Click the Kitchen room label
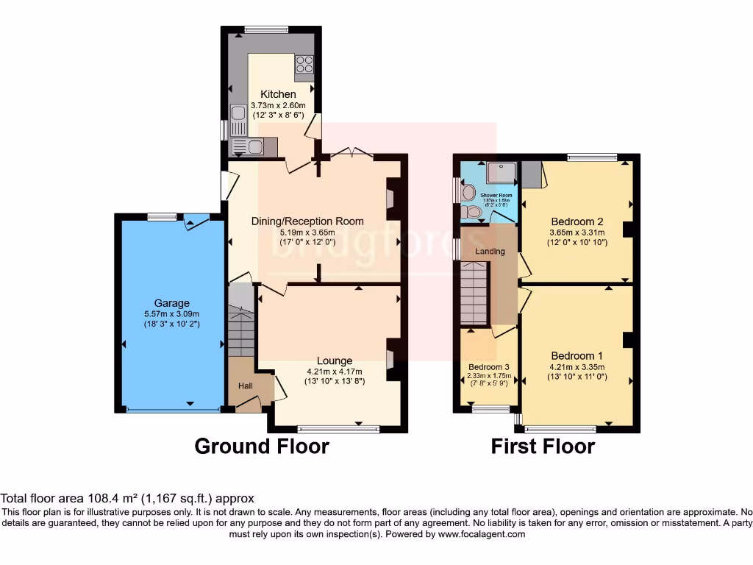tap(279, 94)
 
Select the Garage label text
tap(171, 303)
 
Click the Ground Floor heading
tap(261, 446)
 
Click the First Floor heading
tap(543, 446)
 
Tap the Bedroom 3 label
tap(489, 366)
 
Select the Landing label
tap(490, 252)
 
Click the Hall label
tap(245, 385)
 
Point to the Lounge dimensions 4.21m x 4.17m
tap(335, 372)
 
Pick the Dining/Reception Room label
tap(307, 221)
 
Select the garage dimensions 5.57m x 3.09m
tap(171, 313)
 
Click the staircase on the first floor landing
tap(474, 294)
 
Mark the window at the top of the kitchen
tap(266, 29)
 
